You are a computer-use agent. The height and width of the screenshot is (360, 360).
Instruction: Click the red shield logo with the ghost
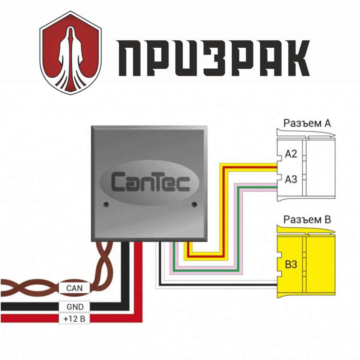pyautogui.click(x=70, y=53)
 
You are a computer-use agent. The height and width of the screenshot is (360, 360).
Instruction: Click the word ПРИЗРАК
pyautogui.click(x=213, y=58)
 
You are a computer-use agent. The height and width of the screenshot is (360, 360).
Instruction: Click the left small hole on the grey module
pyautogui.click(x=106, y=204)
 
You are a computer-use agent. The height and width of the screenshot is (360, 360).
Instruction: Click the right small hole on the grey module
pyautogui.click(x=194, y=204)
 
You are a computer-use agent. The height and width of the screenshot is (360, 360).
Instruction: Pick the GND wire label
pyautogui.click(x=74, y=307)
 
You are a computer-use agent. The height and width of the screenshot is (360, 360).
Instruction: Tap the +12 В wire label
pyautogui.click(x=74, y=319)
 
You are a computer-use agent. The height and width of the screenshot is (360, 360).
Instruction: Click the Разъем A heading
pyautogui.click(x=307, y=123)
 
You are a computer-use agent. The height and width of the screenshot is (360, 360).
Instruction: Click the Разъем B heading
pyautogui.click(x=307, y=220)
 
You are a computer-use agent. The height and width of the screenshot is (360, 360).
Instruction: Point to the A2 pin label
pyautogui.click(x=291, y=154)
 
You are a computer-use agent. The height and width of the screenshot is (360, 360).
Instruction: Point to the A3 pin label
pyautogui.click(x=291, y=179)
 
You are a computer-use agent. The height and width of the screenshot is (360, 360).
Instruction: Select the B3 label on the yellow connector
pyautogui.click(x=291, y=265)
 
